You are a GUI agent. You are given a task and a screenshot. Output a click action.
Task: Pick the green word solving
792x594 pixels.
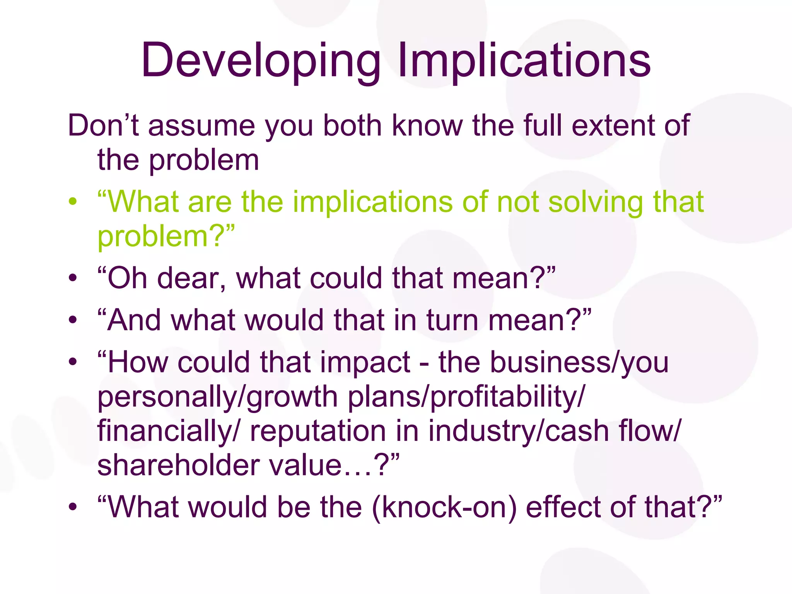coord(596,202)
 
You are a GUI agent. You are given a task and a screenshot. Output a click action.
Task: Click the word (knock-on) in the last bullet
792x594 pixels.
coord(444,507)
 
